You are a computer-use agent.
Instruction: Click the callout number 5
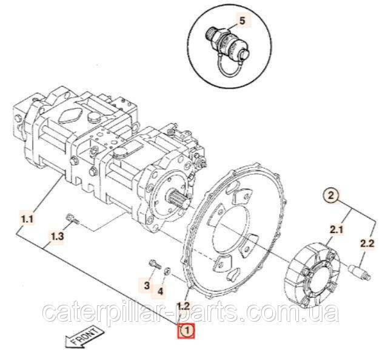pos(242,21)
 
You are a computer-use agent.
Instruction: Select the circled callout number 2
pos(330,195)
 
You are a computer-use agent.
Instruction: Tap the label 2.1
pos(336,229)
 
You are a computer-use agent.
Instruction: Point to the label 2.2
pos(367,243)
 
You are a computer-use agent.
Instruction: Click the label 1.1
pos(27,220)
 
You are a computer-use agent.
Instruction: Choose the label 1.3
pos(57,236)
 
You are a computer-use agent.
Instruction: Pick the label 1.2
pos(183,305)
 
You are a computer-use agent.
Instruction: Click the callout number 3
pos(146,285)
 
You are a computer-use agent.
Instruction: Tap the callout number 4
pos(160,291)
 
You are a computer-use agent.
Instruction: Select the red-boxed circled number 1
pos(186,331)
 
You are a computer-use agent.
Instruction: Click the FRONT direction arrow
pos(84,337)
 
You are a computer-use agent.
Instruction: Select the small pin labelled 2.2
pos(360,272)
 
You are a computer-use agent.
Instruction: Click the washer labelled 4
pos(167,270)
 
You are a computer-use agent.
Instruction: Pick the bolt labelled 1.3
pos(73,218)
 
